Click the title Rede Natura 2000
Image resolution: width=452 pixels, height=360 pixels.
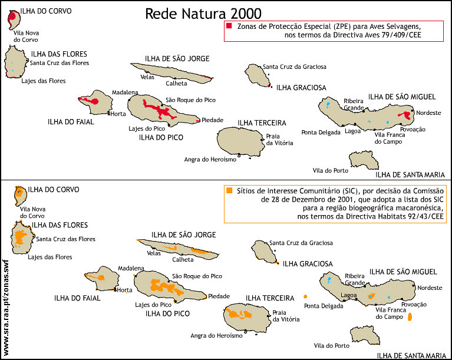point(203,14)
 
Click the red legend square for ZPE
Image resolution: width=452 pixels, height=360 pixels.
point(228,27)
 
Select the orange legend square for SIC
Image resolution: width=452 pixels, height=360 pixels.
point(228,191)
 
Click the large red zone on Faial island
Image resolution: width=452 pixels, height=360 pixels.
point(91,102)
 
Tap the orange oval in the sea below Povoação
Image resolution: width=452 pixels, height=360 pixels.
point(410,317)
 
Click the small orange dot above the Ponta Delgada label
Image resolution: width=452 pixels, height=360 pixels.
point(305,296)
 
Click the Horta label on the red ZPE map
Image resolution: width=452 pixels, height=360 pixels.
point(118,114)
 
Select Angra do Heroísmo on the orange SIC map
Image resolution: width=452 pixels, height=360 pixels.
point(216,336)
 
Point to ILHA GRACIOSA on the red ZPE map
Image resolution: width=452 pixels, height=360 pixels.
point(301,88)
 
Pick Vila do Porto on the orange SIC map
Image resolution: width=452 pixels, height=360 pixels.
point(328,346)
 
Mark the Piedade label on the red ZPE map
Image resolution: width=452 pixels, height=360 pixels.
point(212,120)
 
